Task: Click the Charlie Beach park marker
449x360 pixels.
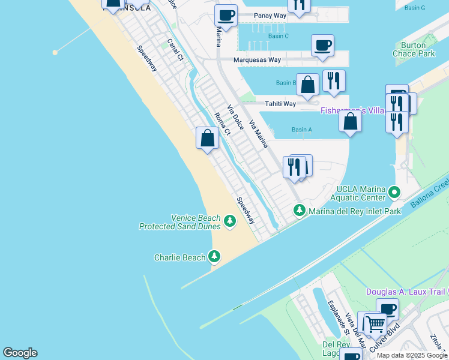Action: coord(214,257)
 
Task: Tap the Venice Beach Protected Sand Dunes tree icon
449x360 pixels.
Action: coord(229,222)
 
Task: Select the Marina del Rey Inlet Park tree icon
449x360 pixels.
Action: coord(299,211)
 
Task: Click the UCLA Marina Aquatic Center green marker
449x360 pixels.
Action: coord(394,193)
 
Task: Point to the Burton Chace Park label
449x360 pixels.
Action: coord(417,49)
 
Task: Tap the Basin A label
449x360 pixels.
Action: coord(301,130)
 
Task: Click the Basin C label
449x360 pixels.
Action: coord(278,36)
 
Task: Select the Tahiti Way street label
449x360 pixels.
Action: coord(281,104)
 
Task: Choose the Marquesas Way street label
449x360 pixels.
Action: coord(258,60)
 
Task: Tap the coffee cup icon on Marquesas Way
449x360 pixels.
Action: coord(322,46)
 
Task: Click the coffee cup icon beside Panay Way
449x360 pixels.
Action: coord(226,16)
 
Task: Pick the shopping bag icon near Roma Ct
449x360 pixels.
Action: coord(207,139)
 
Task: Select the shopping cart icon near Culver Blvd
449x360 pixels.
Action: coord(375,325)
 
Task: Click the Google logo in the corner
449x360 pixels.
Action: coord(20,353)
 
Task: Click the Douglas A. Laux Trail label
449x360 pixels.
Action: coord(407,292)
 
